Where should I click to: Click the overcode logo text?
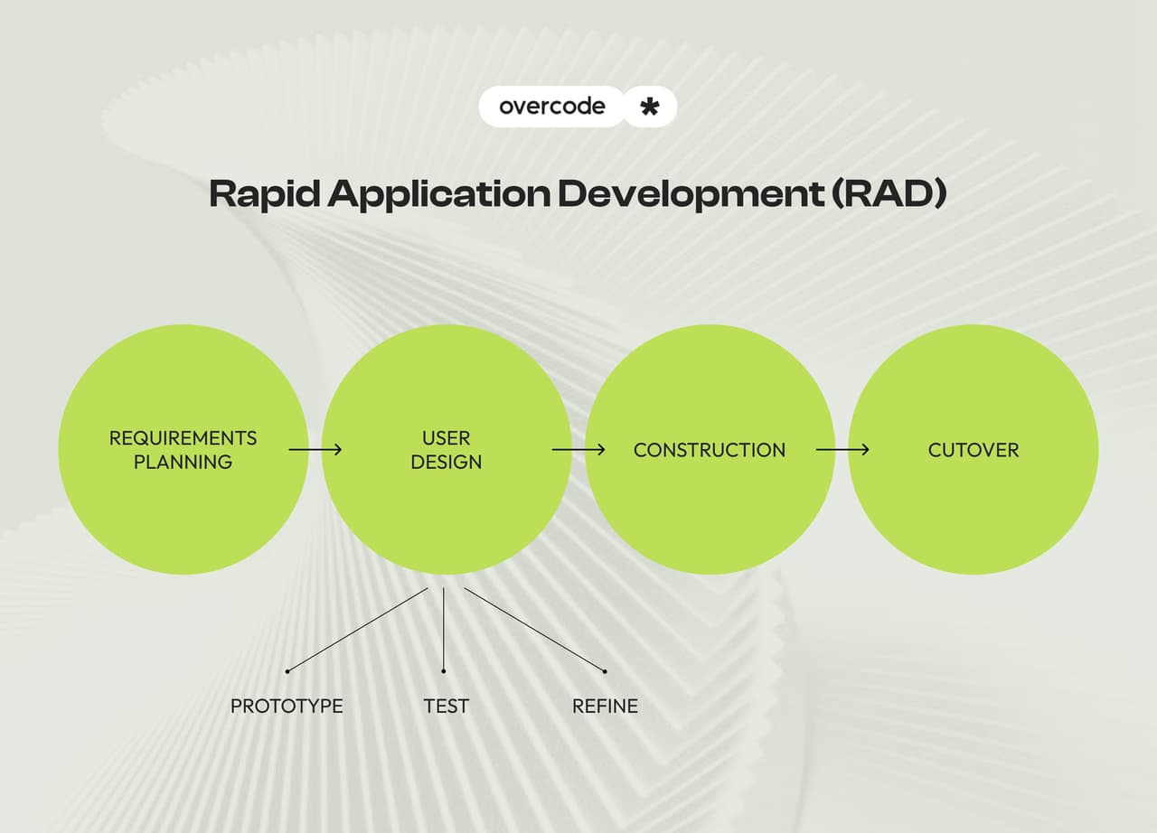click(551, 107)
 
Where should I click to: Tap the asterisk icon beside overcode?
click(649, 108)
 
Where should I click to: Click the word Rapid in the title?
click(265, 194)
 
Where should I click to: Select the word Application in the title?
click(438, 194)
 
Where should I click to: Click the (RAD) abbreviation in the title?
click(890, 194)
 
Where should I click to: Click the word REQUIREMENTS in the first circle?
click(183, 438)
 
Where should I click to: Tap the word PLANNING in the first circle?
click(183, 462)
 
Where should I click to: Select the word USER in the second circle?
click(447, 438)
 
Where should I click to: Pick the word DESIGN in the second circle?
click(447, 462)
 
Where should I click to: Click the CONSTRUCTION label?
click(710, 450)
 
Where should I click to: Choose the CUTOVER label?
click(974, 450)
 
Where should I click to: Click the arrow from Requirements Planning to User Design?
click(315, 449)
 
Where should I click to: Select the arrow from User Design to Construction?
click(578, 449)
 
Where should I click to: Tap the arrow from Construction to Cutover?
click(842, 449)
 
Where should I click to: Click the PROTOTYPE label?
click(287, 706)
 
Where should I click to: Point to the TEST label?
click(447, 706)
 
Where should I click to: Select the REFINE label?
click(605, 706)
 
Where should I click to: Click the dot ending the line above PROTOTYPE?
click(287, 670)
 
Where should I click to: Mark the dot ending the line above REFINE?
click(605, 670)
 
